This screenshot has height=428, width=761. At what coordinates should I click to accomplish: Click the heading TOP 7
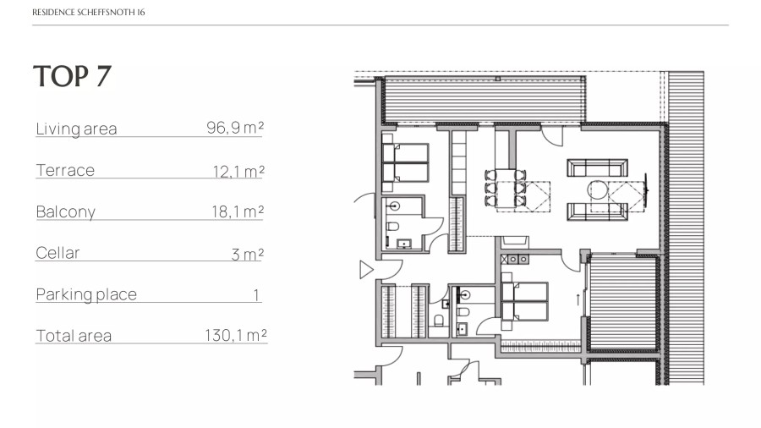73,77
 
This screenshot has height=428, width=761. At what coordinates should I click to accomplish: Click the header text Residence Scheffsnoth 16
88,12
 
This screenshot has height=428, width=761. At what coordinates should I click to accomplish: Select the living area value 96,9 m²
235,128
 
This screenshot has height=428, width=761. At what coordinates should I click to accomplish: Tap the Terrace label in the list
65,170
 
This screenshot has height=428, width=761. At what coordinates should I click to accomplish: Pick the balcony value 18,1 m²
238,211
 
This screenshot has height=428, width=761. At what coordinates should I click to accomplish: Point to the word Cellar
57,253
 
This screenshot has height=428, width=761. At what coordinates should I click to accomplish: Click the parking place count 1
255,294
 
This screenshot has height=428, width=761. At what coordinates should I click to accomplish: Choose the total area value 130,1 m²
235,335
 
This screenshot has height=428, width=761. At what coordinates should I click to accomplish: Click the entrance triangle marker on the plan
366,270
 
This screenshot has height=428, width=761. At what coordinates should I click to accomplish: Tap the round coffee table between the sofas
598,189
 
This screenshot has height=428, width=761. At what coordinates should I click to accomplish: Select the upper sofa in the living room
598,167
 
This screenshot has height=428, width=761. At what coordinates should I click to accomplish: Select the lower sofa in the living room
598,211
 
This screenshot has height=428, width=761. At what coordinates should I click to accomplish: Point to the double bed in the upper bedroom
406,162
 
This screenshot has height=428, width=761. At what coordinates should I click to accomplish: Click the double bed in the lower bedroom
525,301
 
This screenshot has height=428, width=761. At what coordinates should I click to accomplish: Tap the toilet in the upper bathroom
392,227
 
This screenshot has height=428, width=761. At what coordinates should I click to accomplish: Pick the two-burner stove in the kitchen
517,260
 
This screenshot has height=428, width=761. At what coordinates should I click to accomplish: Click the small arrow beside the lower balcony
578,299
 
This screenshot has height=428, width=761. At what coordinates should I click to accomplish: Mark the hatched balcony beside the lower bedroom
622,303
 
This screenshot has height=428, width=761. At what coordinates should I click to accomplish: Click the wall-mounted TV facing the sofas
646,189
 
